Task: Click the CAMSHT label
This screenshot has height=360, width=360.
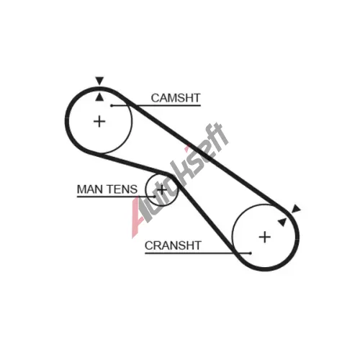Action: tap(176, 98)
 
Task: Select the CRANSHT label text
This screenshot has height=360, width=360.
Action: tap(173, 246)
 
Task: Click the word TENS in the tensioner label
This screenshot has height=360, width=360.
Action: tap(122, 189)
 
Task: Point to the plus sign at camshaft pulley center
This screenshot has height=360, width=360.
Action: tap(99, 122)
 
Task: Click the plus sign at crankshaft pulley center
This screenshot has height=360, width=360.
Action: tap(265, 237)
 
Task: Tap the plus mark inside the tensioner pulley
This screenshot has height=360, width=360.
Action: tap(162, 190)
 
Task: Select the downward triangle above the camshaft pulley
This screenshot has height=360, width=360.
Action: tap(99, 81)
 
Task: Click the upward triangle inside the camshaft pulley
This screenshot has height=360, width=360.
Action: tap(99, 97)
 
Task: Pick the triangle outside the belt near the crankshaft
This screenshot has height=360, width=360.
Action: tap(296, 209)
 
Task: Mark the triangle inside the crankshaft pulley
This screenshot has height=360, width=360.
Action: tap(282, 222)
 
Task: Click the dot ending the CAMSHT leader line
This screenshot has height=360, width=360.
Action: tap(112, 105)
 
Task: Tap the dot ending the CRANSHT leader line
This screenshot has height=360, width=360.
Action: tap(251, 253)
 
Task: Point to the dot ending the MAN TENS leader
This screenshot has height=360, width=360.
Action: tap(155, 197)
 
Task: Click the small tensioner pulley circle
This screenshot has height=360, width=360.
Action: tap(146, 189)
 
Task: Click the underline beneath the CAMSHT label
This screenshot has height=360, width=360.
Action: tap(156, 105)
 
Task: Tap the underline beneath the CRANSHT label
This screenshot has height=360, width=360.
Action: tap(197, 253)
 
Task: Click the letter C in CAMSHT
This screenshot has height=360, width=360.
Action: tap(155, 98)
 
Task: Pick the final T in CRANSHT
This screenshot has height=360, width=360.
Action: tap(197, 246)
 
